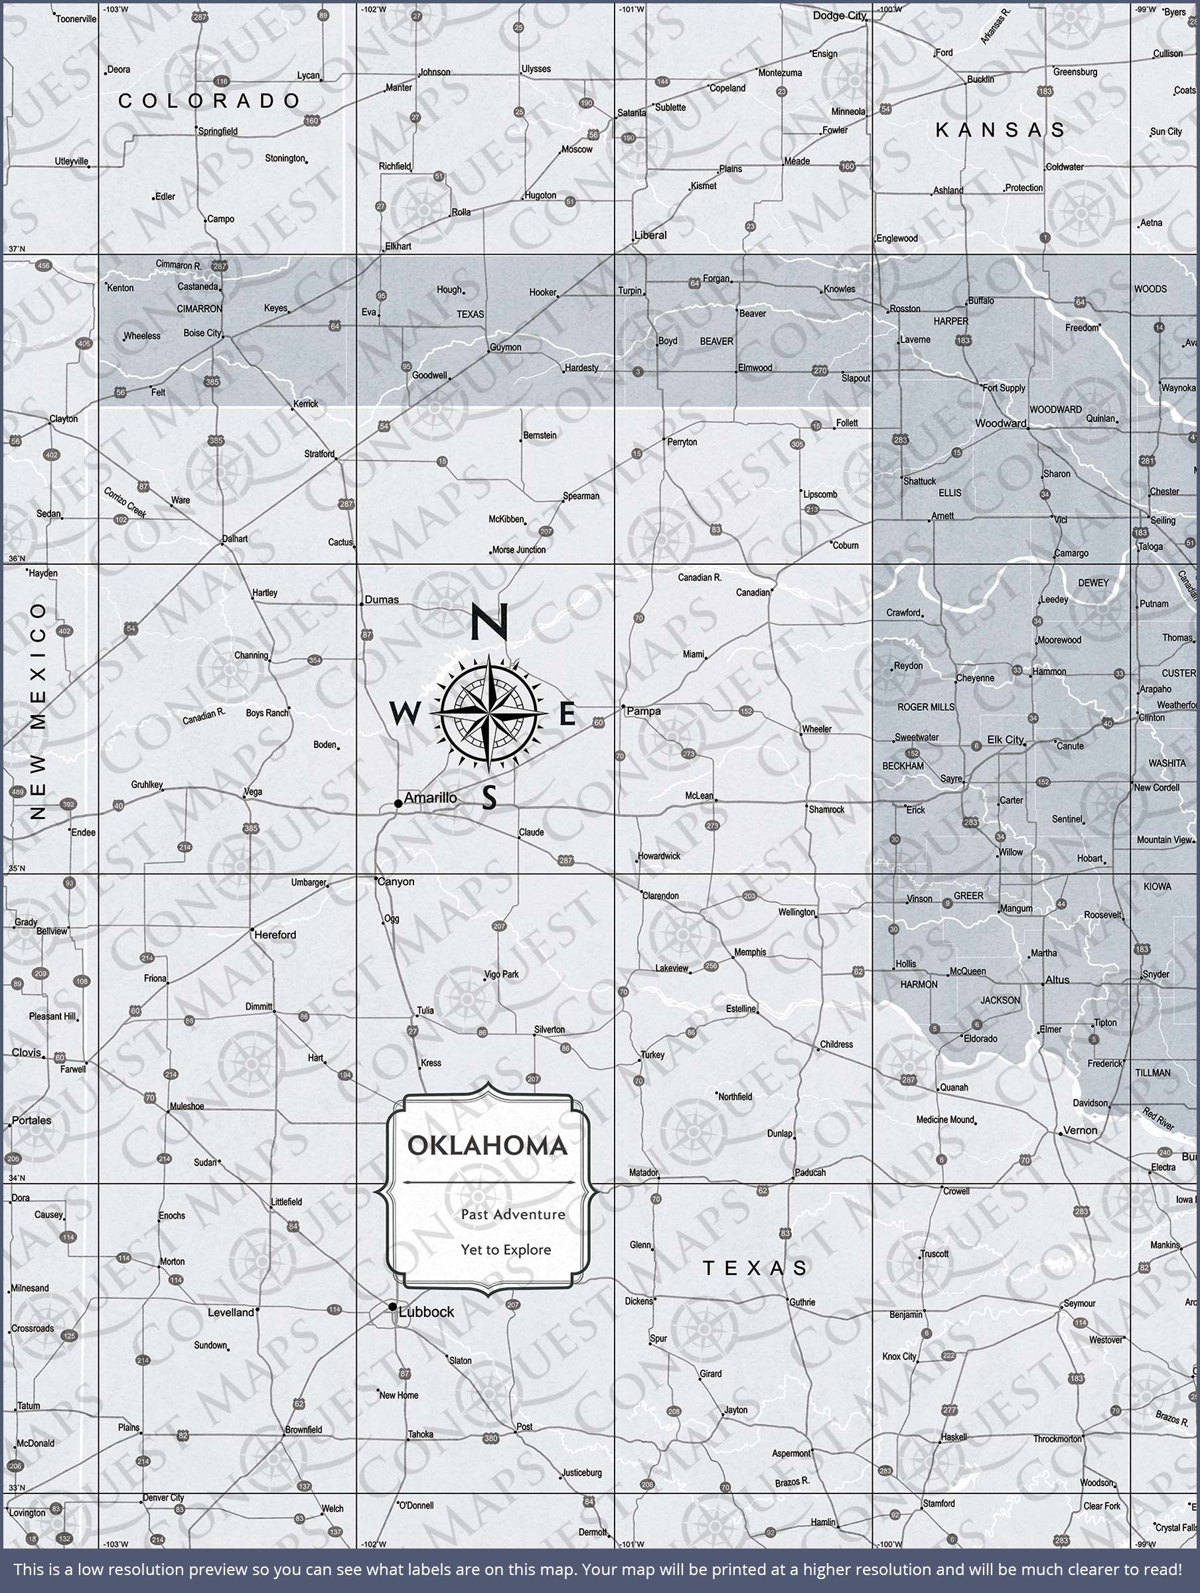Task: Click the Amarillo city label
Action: tap(430, 798)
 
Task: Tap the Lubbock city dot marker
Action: tap(392, 1306)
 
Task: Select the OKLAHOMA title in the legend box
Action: tap(488, 1145)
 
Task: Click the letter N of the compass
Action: tap(490, 621)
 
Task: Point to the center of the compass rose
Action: tap(488, 713)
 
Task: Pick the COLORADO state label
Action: tap(209, 101)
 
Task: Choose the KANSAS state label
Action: tap(1000, 130)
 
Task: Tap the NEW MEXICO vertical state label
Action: tap(38, 712)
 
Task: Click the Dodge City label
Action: tap(839, 16)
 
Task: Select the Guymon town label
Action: tap(506, 347)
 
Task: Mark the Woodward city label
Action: tap(1000, 423)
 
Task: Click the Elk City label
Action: tap(1005, 739)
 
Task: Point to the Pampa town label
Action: tap(643, 711)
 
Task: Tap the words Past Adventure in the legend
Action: tap(513, 1214)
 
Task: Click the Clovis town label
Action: tap(27, 1052)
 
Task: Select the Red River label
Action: tap(1158, 1119)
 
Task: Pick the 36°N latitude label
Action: tap(16, 559)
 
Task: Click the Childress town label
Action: tap(836, 1044)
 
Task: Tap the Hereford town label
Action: tap(275, 935)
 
